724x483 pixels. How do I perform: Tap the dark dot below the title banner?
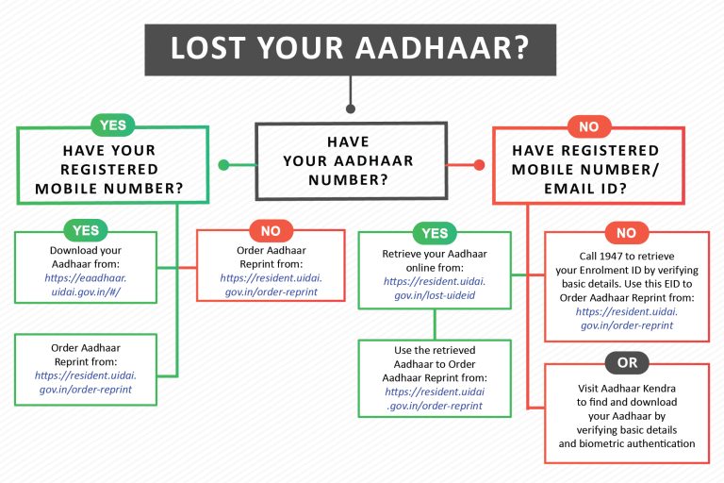(350, 106)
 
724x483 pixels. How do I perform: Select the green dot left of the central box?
(223, 165)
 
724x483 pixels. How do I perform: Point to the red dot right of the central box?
(478, 165)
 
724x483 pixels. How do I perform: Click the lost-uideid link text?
(434, 296)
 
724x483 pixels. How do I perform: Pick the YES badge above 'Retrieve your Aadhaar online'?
(434, 233)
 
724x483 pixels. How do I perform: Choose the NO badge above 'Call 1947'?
(626, 233)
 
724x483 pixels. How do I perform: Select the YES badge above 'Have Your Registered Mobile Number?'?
(112, 125)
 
